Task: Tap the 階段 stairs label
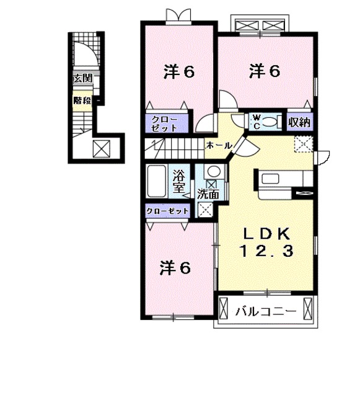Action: [82, 100]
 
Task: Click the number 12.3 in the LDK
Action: [266, 251]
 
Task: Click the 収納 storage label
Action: [300, 122]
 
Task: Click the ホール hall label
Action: [219, 145]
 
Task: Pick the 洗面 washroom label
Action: [208, 194]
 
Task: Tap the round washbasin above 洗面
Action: [212, 172]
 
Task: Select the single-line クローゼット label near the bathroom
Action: [167, 212]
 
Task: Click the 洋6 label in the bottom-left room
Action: [175, 268]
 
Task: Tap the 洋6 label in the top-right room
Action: [265, 71]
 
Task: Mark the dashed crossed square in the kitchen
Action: [302, 143]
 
